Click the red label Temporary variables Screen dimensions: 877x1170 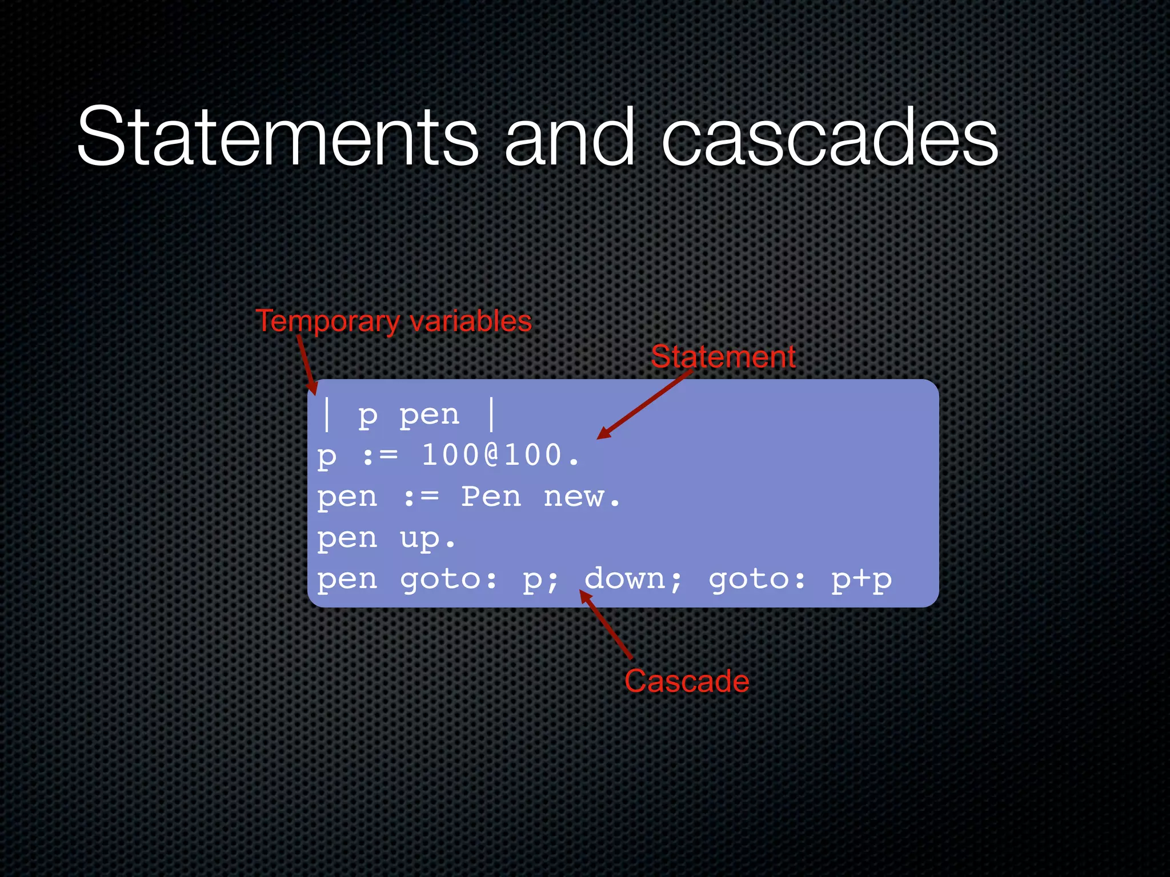coord(394,321)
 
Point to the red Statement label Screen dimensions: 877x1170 coord(723,357)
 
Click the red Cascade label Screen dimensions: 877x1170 coord(687,681)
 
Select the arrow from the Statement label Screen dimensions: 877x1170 coord(644,404)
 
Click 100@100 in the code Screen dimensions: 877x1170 coord(492,456)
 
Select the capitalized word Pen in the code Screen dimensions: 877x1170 coord(491,497)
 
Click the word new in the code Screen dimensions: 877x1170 coord(574,497)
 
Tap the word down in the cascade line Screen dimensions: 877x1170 coord(625,579)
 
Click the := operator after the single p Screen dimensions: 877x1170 coord(380,456)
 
